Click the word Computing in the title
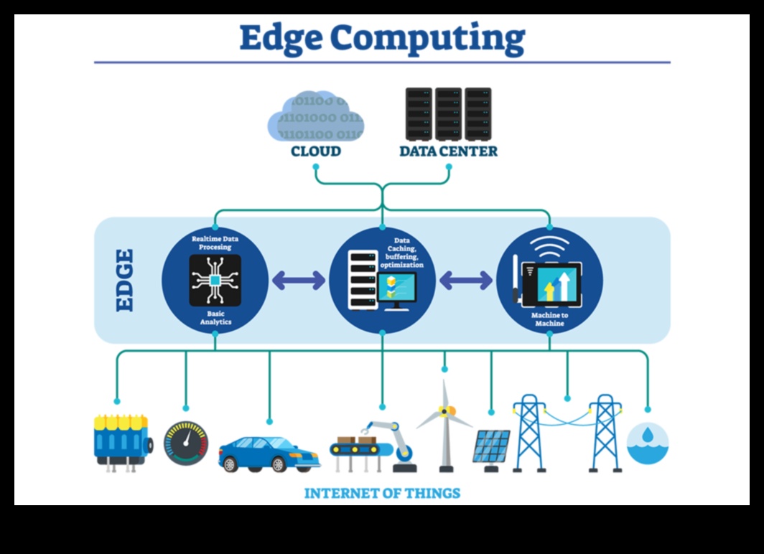tap(442, 39)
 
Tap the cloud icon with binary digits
tap(316, 116)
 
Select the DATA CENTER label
tap(448, 151)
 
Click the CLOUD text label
tap(316, 151)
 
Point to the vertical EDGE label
tap(124, 280)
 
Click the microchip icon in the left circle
tap(215, 280)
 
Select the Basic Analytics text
tap(215, 318)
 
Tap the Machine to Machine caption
tap(549, 319)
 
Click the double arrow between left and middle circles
tap(299, 281)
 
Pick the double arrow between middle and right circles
tap(465, 281)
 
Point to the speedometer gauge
tap(186, 443)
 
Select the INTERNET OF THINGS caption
tap(382, 493)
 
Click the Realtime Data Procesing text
tap(215, 242)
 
